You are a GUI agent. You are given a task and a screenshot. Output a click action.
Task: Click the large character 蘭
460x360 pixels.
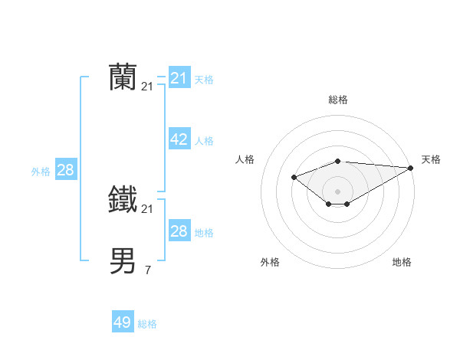click(x=123, y=77)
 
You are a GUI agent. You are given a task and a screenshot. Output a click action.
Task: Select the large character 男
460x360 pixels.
click(x=123, y=260)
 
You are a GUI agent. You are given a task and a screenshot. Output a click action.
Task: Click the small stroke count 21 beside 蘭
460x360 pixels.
click(x=147, y=87)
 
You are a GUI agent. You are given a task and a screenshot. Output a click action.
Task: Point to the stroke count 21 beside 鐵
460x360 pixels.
click(x=147, y=209)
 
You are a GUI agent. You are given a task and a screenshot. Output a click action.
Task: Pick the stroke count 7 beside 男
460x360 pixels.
click(x=147, y=270)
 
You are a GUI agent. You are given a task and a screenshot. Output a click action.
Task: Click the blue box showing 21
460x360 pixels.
click(x=179, y=78)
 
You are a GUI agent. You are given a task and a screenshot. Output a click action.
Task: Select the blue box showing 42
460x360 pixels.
click(x=179, y=139)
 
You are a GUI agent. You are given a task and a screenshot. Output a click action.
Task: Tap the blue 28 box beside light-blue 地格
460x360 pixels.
click(x=179, y=231)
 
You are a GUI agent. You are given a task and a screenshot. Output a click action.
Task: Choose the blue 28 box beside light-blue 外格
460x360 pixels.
click(x=65, y=170)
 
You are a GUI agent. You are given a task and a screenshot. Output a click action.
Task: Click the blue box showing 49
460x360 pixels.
click(x=123, y=322)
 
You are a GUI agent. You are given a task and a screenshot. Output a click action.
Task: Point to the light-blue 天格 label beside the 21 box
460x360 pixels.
click(x=204, y=79)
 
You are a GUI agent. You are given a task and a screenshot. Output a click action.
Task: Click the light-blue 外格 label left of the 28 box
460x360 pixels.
click(x=41, y=172)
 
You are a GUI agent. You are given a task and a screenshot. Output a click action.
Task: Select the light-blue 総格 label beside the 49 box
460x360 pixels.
click(x=147, y=324)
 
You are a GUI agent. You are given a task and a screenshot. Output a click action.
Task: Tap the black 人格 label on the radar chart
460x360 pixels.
click(x=245, y=159)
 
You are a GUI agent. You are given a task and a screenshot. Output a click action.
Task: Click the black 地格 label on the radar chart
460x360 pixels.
click(x=402, y=262)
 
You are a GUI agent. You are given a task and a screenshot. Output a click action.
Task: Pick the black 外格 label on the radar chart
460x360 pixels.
click(x=270, y=262)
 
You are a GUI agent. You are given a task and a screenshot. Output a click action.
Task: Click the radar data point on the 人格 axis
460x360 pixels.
click(x=294, y=178)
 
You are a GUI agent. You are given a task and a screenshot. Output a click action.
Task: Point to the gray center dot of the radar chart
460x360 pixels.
click(x=337, y=191)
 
